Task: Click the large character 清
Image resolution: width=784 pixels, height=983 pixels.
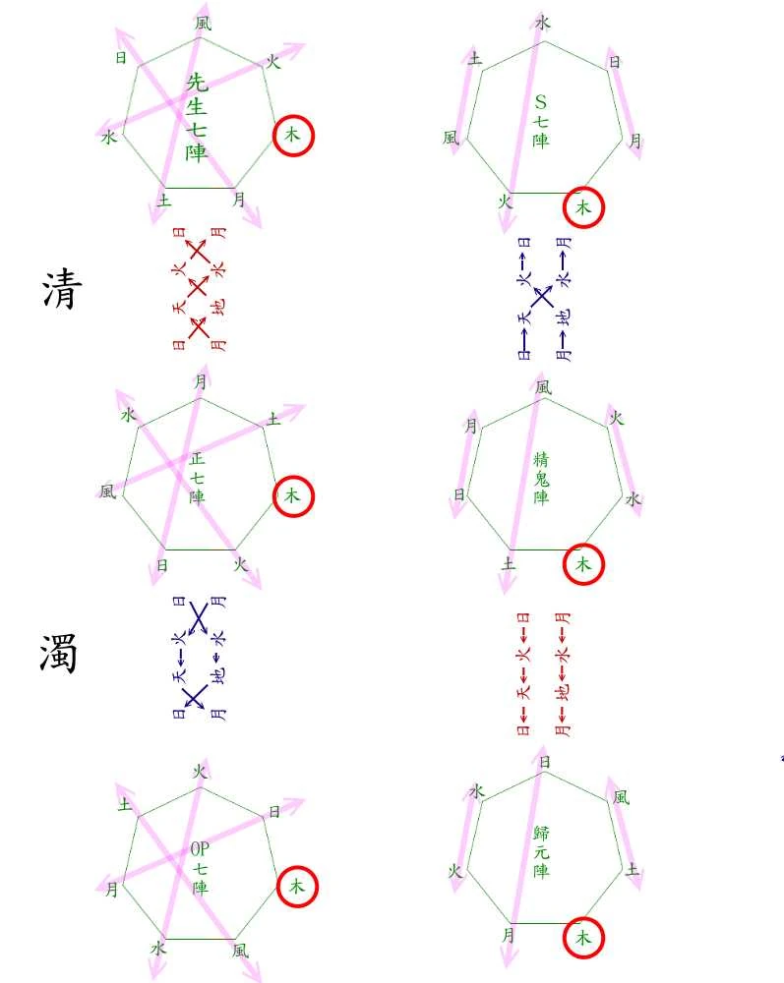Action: pos(60,290)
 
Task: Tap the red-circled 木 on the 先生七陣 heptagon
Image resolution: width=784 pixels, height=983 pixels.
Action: pos(292,136)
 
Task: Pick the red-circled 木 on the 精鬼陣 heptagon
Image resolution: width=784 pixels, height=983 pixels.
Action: pos(583,564)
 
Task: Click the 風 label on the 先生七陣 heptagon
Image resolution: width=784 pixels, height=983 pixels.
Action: pos(203,22)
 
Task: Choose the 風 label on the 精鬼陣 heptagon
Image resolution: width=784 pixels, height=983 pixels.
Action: pos(543,387)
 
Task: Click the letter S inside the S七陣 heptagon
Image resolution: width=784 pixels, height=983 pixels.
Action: pos(540,101)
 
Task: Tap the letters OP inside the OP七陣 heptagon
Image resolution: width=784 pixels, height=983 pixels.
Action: pos(201,849)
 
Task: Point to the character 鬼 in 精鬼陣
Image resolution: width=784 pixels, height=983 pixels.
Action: pos(541,479)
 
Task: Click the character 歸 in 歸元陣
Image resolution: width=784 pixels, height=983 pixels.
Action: pos(541,834)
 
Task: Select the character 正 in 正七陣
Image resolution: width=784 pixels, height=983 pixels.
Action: pos(198,459)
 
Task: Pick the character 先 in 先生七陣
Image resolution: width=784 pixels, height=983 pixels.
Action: pos(197,84)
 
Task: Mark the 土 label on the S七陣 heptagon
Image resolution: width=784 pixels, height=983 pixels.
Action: pos(476,60)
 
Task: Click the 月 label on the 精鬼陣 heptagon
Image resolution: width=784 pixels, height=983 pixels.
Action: pos(471,427)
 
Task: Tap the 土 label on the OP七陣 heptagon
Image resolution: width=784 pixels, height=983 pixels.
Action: pos(126,805)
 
